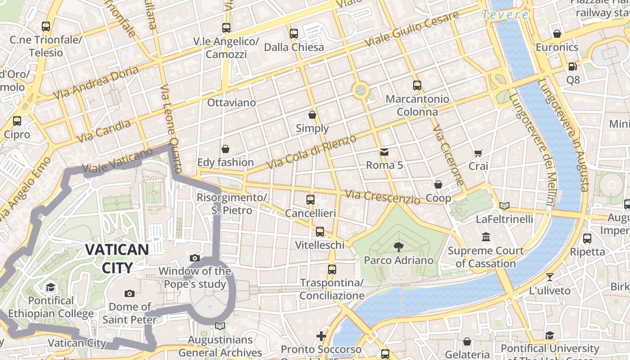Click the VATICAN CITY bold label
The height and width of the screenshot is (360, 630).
[x=117, y=258]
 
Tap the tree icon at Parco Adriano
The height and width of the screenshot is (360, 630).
[x=398, y=246]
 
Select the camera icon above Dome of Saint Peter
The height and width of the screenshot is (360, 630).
[x=130, y=294]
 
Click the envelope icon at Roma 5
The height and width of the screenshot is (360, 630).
[x=384, y=152]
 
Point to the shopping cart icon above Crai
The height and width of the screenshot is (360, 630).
[x=478, y=153]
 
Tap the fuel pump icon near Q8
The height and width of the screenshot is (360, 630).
[x=572, y=67]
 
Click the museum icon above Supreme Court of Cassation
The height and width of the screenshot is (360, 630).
[x=486, y=237]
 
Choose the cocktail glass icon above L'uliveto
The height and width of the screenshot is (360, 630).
[x=549, y=277]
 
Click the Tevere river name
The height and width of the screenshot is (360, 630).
[x=505, y=15]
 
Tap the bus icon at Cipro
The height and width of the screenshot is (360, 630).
[x=17, y=121]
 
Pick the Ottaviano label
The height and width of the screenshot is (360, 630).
[x=231, y=103]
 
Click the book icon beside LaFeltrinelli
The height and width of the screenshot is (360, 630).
[x=504, y=206]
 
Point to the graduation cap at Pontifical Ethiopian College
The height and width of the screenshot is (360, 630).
[x=51, y=287]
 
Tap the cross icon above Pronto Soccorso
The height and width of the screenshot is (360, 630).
[x=321, y=336]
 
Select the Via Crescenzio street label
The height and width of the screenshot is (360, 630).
[x=382, y=197]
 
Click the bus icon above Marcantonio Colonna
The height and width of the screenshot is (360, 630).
[x=417, y=85]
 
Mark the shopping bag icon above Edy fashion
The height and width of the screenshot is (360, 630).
[x=225, y=149]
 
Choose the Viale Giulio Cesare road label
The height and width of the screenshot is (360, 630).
[x=412, y=29]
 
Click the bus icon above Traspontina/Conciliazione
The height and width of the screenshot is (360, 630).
[x=332, y=270]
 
